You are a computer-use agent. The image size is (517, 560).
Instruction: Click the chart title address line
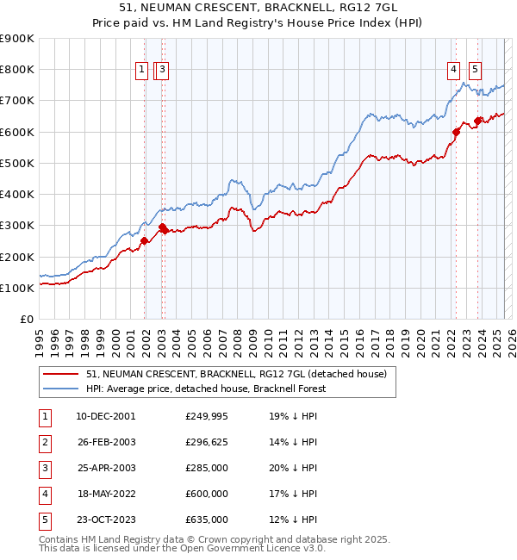pyautogui.click(x=258, y=8)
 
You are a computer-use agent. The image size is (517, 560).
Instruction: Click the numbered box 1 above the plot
pyautogui.click(x=140, y=72)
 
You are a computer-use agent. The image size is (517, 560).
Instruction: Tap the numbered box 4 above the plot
pyautogui.click(x=453, y=72)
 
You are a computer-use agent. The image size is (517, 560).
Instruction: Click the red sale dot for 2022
pyautogui.click(x=457, y=132)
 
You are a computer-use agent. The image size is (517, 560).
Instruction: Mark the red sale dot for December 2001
pyautogui.click(x=145, y=241)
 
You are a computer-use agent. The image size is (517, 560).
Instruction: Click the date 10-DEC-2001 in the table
pyautogui.click(x=106, y=416)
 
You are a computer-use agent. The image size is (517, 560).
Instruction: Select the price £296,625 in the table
pyautogui.click(x=207, y=442)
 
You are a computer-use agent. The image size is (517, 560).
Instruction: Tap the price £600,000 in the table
pyautogui.click(x=207, y=494)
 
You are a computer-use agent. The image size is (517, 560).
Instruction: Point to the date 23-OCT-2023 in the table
pyautogui.click(x=106, y=520)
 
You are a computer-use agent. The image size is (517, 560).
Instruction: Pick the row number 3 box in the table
pyautogui.click(x=44, y=468)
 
